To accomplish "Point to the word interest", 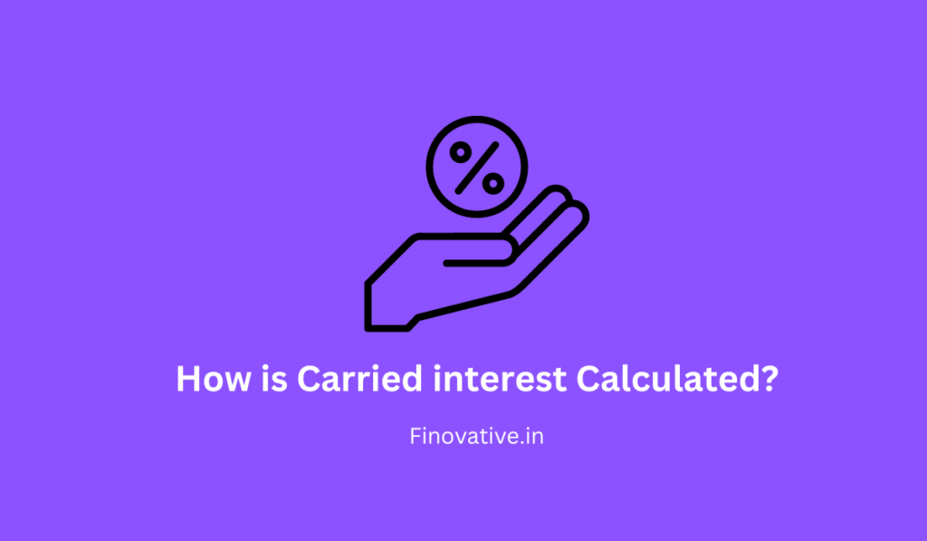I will click(496, 379).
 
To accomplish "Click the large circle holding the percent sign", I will click(477, 136).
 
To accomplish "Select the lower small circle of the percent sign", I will click(492, 183).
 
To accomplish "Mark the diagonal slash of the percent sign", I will click(477, 168).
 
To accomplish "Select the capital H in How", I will click(188, 379).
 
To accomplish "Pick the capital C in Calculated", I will click(590, 379).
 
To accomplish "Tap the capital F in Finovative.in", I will click(416, 437).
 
